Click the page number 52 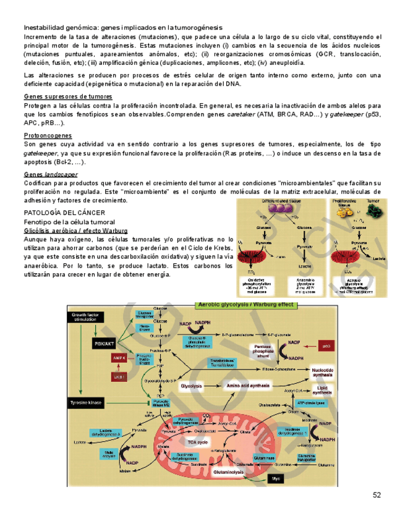point(377,494)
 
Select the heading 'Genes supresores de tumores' point(68,97)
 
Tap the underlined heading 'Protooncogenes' point(48,135)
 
